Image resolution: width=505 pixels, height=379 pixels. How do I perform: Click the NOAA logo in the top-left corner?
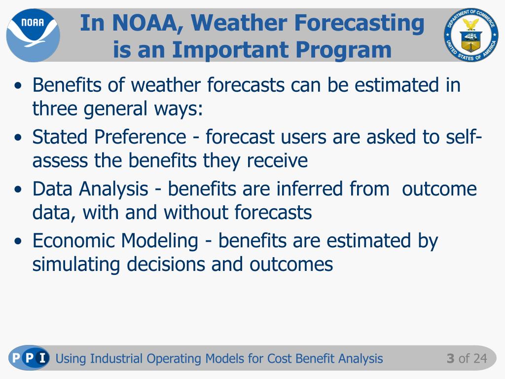33,35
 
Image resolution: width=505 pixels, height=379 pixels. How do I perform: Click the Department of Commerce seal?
471,35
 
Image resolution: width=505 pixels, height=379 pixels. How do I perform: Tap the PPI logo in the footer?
29,358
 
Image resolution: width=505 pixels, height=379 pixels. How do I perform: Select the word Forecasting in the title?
359,23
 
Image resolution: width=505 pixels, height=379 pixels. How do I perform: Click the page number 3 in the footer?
450,358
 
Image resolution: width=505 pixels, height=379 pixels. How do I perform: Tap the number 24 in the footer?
480,358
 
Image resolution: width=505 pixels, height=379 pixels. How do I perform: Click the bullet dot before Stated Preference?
18,138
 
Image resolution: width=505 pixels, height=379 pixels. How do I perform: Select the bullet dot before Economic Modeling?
18,241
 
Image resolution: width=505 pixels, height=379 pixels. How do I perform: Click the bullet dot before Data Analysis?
18,189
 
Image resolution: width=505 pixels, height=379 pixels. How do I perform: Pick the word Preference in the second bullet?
140,137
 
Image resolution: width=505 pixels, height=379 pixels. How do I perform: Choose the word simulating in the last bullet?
76,265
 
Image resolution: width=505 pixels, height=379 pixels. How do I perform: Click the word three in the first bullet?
55,108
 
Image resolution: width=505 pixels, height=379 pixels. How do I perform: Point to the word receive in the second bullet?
277,160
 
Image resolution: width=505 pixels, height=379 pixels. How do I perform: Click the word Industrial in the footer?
116,358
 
